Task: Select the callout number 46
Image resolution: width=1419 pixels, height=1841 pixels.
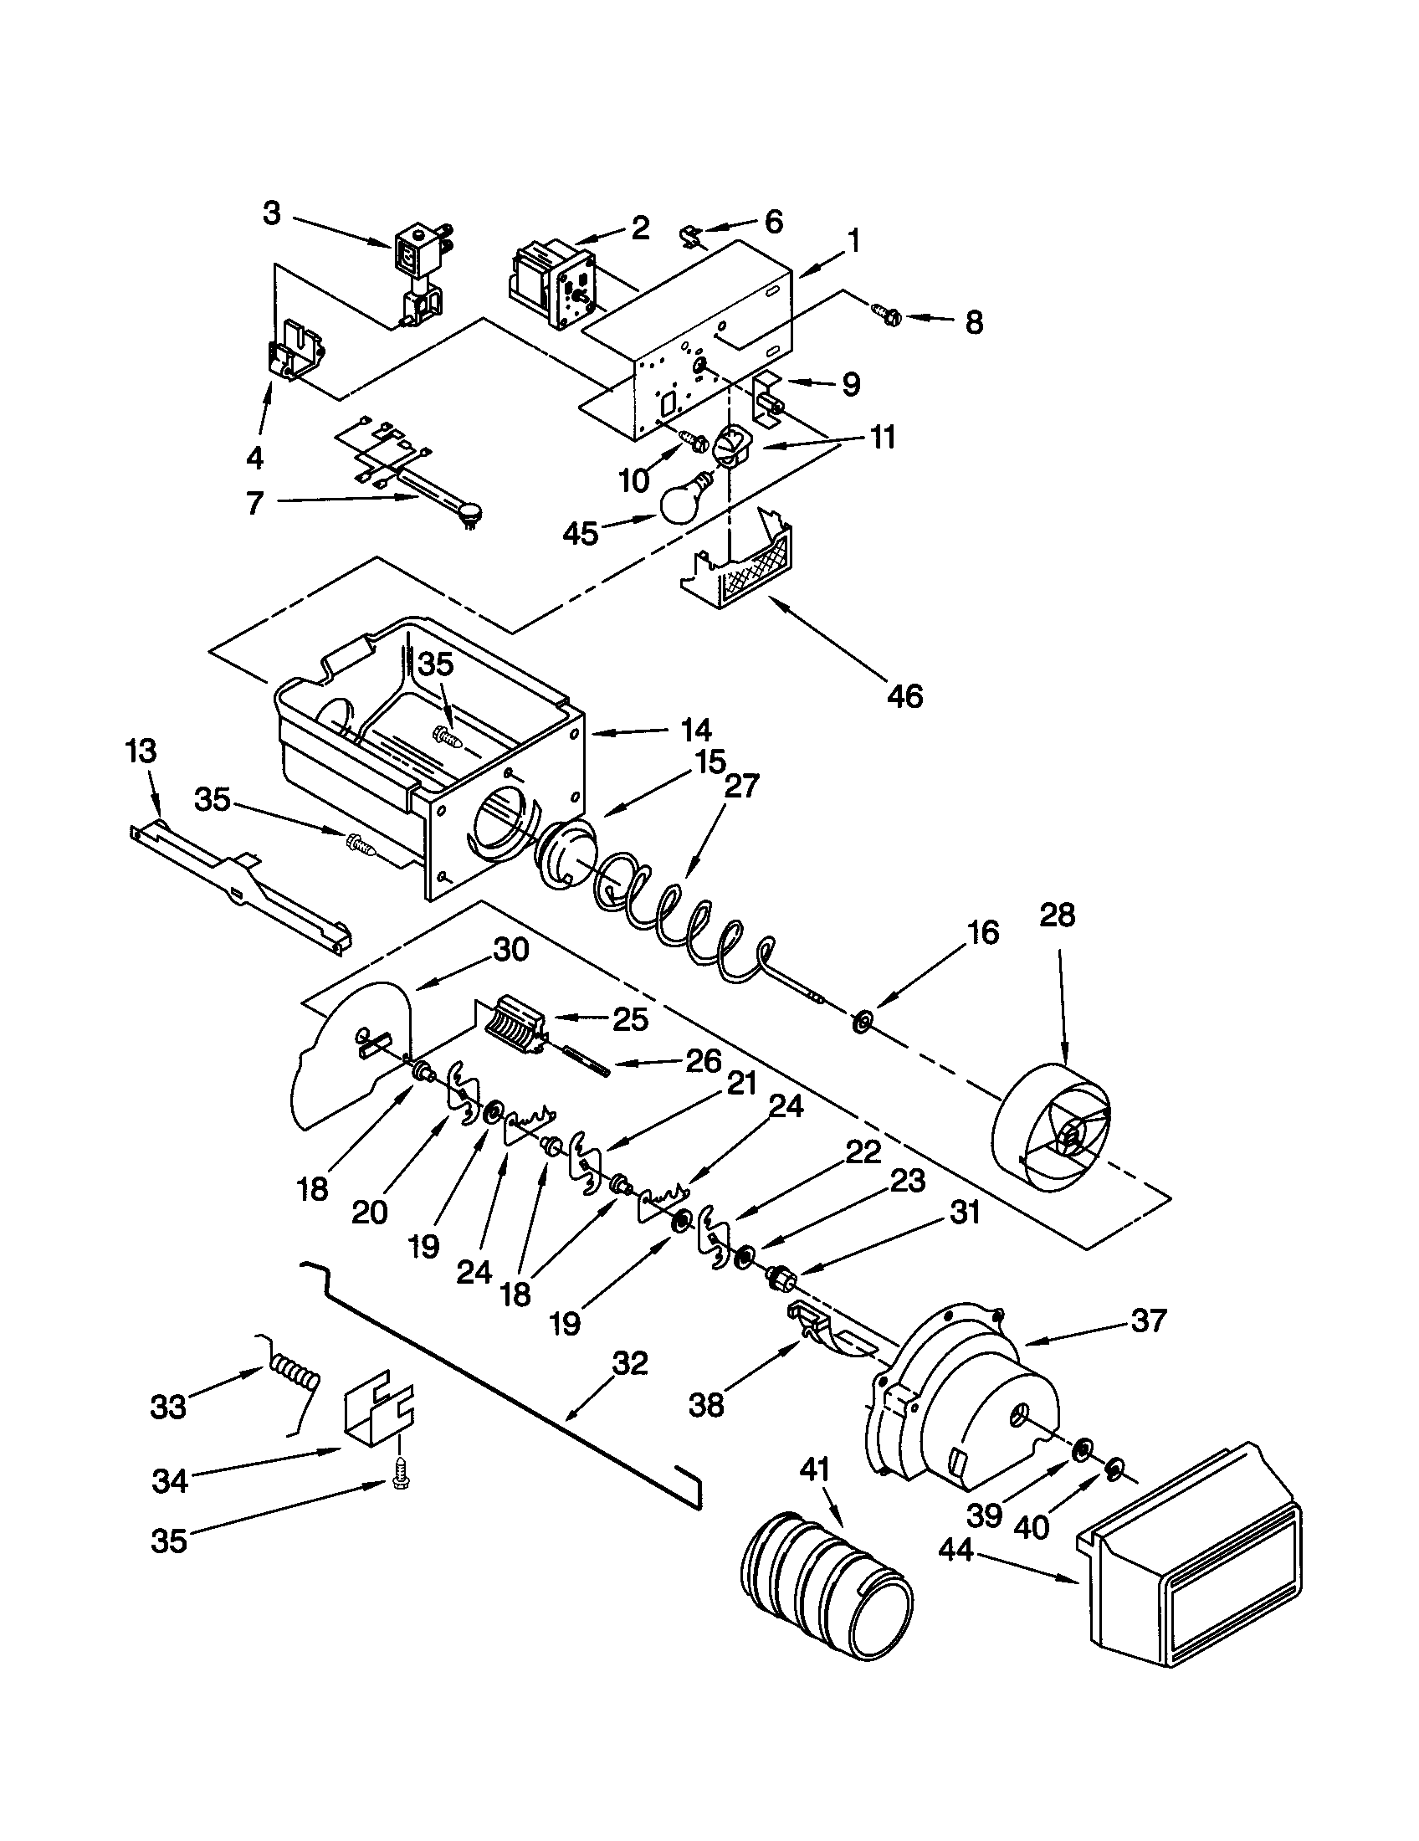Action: tap(905, 696)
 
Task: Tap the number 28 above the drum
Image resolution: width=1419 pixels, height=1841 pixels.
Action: tap(1058, 915)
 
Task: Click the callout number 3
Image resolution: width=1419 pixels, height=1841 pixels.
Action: tap(271, 214)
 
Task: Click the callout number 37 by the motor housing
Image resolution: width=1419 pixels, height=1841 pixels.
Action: tap(1150, 1320)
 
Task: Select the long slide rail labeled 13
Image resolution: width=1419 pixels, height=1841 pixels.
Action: tap(240, 894)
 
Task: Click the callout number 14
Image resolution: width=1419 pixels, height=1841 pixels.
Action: tap(696, 729)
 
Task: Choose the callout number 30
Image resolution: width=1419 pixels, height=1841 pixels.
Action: tap(510, 950)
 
